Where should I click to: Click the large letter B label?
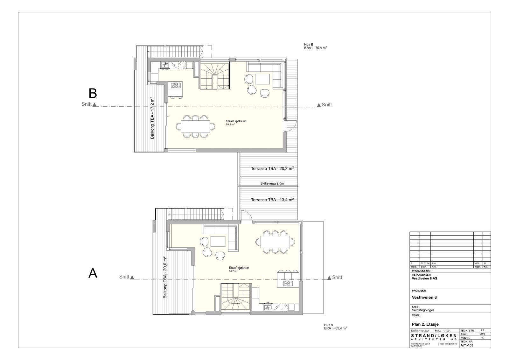pyautogui.click(x=93, y=93)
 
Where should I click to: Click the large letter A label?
pyautogui.click(x=93, y=273)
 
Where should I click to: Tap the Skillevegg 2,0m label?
pyautogui.click(x=272, y=184)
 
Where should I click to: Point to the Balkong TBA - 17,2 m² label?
pyautogui.click(x=153, y=118)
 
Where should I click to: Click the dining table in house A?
pyautogui.click(x=275, y=242)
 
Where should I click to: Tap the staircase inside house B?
pyautogui.click(x=214, y=76)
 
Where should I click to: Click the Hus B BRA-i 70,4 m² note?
pyautogui.click(x=315, y=46)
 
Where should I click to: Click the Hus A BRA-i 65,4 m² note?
pyautogui.click(x=335, y=326)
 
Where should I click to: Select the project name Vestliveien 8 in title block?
pyautogui.click(x=424, y=297)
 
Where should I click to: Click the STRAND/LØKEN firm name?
pyautogui.click(x=434, y=336)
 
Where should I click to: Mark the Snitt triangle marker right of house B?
pyautogui.click(x=318, y=105)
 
